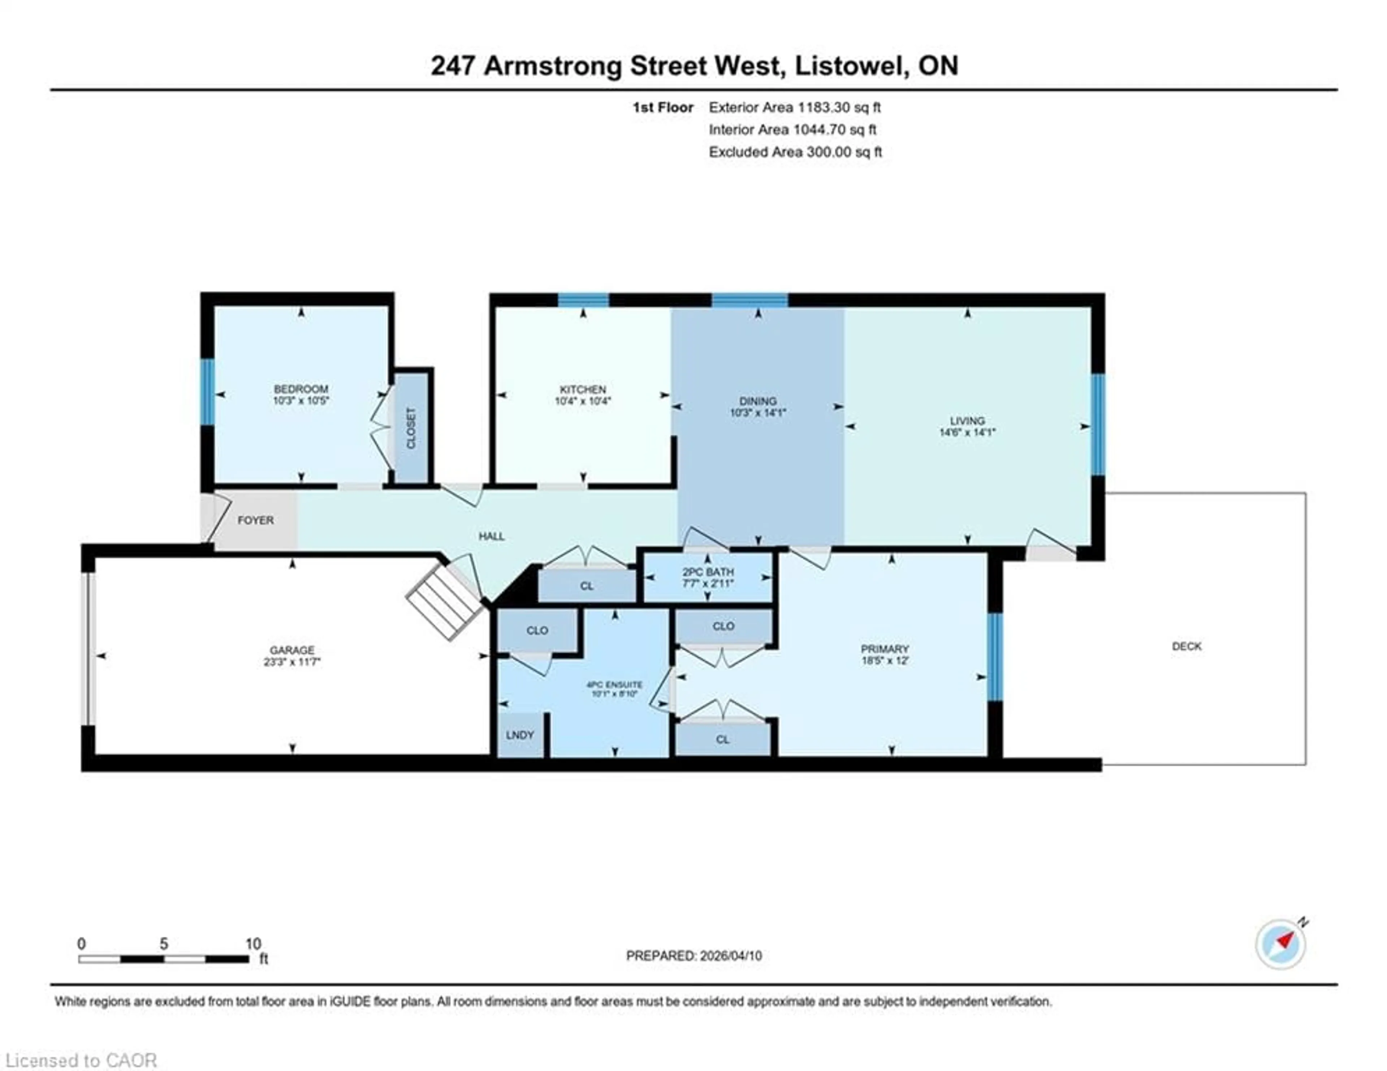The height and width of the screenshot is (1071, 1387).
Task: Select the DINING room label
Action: pyautogui.click(x=758, y=401)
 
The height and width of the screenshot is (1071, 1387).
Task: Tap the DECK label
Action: pyautogui.click(x=1186, y=646)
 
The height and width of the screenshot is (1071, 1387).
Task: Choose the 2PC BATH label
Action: pyautogui.click(x=708, y=572)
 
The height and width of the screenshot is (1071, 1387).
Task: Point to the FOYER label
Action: pyautogui.click(x=255, y=520)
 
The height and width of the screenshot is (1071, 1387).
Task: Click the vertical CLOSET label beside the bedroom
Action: pyautogui.click(x=411, y=427)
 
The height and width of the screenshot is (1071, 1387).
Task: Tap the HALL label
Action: pyautogui.click(x=492, y=536)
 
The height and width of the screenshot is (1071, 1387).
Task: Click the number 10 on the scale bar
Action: pyautogui.click(x=253, y=943)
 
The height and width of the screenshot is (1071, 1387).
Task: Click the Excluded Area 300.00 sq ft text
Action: pyautogui.click(x=795, y=152)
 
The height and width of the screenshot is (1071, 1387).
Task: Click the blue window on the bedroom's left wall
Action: pyautogui.click(x=207, y=392)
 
